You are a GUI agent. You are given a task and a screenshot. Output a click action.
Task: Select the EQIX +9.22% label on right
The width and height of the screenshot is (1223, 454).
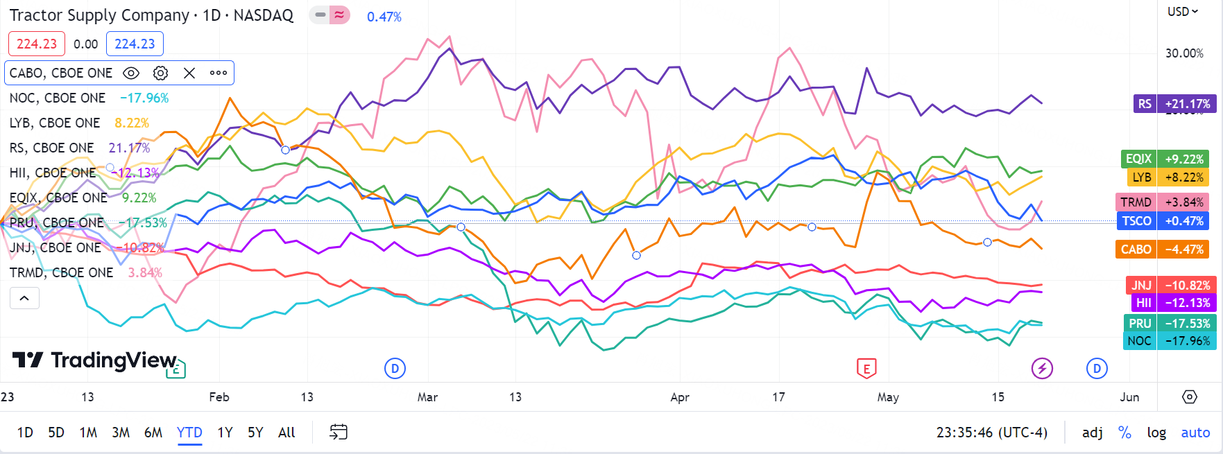coord(1165,159)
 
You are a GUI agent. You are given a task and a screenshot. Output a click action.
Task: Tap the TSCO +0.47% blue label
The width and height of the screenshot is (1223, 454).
coord(1163,221)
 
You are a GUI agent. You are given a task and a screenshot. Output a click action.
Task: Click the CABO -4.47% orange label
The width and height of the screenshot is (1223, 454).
coord(1163,250)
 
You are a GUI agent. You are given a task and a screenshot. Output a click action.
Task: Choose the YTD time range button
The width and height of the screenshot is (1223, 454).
coord(189,433)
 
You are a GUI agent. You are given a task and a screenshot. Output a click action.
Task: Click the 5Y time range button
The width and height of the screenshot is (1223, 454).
coord(255,433)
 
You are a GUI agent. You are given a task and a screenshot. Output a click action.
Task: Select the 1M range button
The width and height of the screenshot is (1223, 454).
coord(88,433)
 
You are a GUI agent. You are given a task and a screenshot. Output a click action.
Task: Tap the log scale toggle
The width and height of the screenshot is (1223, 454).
coord(1156,433)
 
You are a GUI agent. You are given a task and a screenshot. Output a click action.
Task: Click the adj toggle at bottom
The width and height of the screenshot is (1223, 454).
coord(1093,433)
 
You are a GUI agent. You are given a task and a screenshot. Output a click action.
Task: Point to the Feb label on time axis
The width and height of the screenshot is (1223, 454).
coord(219,397)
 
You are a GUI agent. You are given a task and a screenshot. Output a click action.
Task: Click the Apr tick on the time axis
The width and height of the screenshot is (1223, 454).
coord(680,397)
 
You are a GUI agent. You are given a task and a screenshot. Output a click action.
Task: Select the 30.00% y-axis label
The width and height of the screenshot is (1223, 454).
coord(1184,53)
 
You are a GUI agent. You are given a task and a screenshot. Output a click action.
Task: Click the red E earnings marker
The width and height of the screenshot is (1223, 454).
coord(866,368)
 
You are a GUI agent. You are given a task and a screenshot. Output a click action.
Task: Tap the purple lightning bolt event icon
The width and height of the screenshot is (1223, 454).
coord(1042,368)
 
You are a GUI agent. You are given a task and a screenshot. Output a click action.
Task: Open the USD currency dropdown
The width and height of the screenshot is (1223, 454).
coord(1182,12)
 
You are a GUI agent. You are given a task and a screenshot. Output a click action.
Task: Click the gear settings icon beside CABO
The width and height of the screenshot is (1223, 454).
coord(160,73)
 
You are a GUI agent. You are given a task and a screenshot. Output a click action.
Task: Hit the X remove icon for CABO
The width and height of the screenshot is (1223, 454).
coord(189,73)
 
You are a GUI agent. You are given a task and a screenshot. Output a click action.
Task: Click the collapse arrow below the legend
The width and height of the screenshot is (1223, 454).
coord(24,298)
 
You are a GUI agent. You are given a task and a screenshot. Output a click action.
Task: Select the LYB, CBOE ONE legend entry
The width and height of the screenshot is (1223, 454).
coord(55,123)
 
